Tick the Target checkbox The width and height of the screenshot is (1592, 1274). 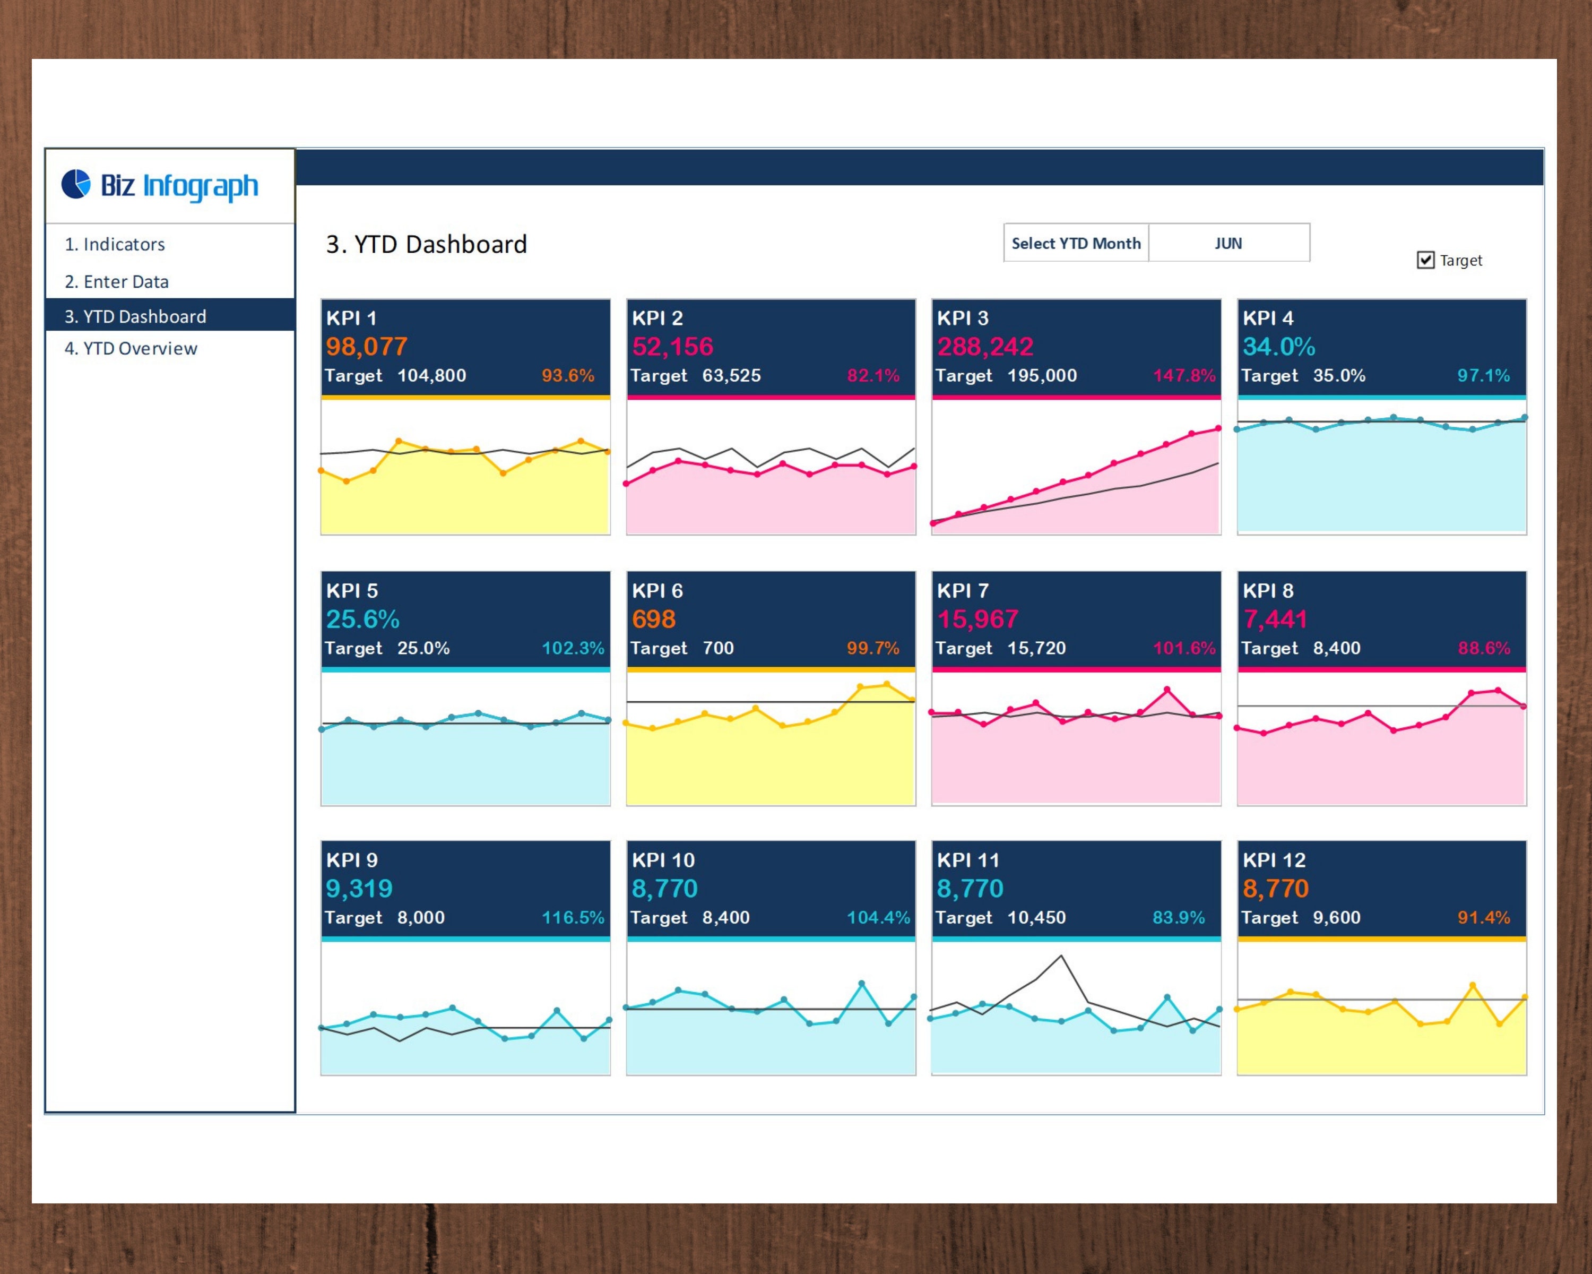point(1425,260)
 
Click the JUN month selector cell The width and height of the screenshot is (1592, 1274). point(1228,243)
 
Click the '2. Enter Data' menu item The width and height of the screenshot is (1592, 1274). point(117,281)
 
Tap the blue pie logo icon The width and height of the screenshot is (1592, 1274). point(76,185)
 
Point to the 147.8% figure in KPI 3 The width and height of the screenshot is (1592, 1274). point(1184,375)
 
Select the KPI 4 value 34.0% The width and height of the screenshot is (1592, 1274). point(1278,347)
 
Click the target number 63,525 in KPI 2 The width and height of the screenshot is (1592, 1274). point(731,375)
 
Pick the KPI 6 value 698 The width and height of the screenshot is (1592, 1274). point(653,619)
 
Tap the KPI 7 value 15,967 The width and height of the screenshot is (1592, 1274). point(977,619)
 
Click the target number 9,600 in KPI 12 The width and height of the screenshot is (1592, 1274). point(1336,917)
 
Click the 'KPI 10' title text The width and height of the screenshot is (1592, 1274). point(663,859)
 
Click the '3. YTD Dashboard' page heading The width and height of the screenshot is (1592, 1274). point(427,245)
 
